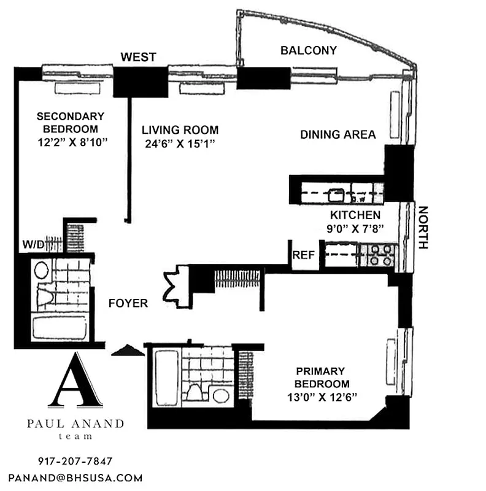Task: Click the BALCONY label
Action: coord(308,50)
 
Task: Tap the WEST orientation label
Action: coord(138,57)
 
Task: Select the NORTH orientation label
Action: coord(422,227)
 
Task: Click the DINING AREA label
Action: coord(337,134)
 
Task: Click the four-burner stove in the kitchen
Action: coord(379,255)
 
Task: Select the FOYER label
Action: coord(128,303)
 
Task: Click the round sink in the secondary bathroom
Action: coord(41,271)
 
